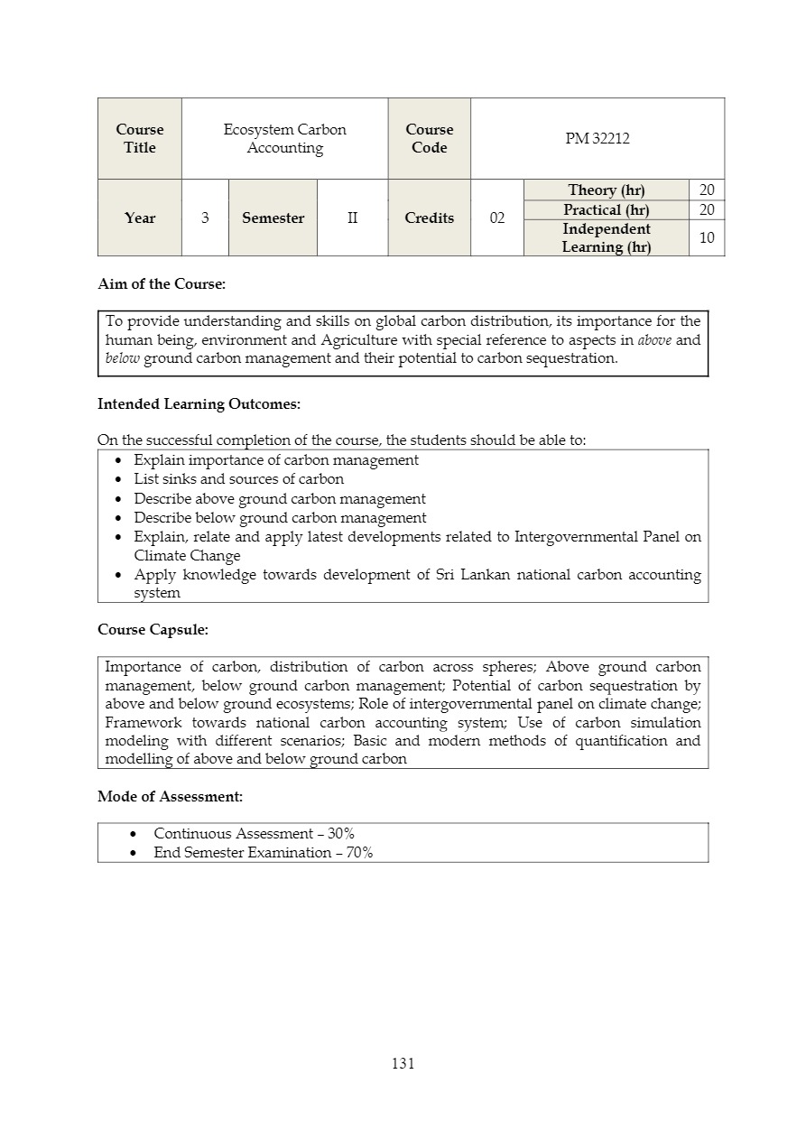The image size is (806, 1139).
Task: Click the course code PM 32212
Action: pos(597,139)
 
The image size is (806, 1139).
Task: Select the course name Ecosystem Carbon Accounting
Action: pos(284,139)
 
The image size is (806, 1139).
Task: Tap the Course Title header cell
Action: pos(140,139)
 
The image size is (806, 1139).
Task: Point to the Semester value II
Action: pos(352,218)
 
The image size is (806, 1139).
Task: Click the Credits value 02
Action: pos(496,218)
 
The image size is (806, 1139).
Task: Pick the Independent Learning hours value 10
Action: pos(707,238)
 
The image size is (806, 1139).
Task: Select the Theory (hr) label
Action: pos(606,190)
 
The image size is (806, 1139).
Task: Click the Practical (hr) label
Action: pos(606,210)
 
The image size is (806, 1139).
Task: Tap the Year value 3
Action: pos(205,218)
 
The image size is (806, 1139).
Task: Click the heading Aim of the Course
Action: pos(162,284)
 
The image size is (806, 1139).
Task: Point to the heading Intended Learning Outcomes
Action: pos(199,404)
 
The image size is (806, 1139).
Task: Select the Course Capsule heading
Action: pos(153,630)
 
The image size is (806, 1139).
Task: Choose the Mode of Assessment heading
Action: pos(170,797)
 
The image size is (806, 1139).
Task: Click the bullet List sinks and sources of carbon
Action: pos(238,479)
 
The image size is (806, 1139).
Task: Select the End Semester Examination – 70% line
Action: pos(263,853)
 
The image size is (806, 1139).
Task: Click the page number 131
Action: pos(403,1064)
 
